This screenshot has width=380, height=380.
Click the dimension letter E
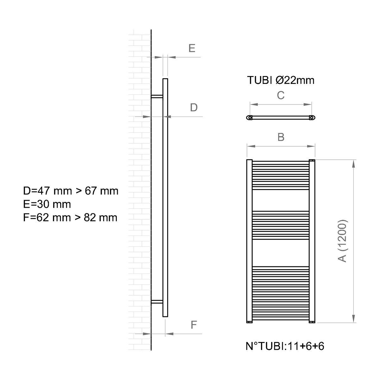192,48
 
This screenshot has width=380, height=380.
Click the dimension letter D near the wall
193,108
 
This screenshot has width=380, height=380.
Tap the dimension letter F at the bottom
194,325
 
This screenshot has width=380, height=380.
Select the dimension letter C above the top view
281,95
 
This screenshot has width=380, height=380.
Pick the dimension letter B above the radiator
281,137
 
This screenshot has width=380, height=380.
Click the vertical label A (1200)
343,241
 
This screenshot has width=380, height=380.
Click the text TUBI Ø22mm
281,80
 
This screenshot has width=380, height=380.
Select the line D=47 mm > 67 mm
71,191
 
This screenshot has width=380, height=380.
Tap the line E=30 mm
47,204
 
